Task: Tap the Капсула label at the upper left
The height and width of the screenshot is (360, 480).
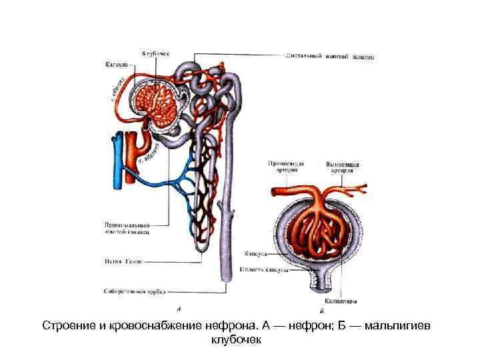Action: (117, 65)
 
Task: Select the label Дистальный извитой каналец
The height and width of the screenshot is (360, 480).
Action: (330, 57)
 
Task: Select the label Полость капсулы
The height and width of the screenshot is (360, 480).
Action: (263, 270)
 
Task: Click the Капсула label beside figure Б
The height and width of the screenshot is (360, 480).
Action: (255, 254)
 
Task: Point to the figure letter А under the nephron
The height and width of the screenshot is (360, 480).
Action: (179, 308)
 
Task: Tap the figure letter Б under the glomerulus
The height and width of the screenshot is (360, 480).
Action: (321, 311)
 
